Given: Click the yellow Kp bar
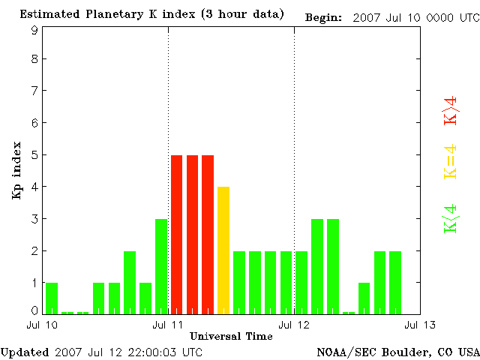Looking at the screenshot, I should pyautogui.click(x=223, y=250).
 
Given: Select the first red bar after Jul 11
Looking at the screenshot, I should pyautogui.click(x=176, y=234).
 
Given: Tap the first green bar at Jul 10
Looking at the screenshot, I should pyautogui.click(x=51, y=298).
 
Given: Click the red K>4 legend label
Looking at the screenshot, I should pyautogui.click(x=451, y=109).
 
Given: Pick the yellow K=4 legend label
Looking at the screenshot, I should pyautogui.click(x=451, y=161).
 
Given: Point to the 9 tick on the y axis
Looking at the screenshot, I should pyautogui.click(x=34, y=30).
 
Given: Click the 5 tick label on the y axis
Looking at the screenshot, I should pyautogui.click(x=34, y=155).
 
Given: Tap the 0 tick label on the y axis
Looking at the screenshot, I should pyautogui.click(x=34, y=310).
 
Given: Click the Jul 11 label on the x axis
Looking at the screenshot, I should pyautogui.click(x=168, y=324).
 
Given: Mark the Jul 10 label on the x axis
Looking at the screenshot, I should pyautogui.click(x=42, y=324).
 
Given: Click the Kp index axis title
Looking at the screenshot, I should pyautogui.click(x=16, y=170).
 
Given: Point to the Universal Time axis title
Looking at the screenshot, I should pyautogui.click(x=231, y=336).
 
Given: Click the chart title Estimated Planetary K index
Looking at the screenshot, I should pyautogui.click(x=152, y=15).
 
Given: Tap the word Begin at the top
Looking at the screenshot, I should pyautogui.click(x=324, y=16).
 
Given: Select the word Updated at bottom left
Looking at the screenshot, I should pyautogui.click(x=25, y=351).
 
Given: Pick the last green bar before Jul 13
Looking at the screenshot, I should pyautogui.click(x=395, y=282).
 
